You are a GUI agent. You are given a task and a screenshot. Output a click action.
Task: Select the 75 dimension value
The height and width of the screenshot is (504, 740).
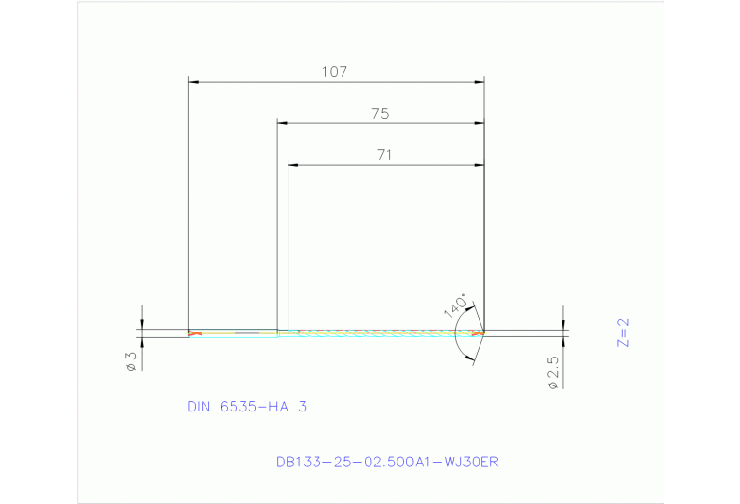pyautogui.click(x=380, y=113)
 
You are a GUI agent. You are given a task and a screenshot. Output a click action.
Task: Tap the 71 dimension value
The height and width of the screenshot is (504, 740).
pyautogui.click(x=386, y=153)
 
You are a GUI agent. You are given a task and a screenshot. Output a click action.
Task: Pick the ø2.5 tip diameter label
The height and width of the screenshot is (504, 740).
pyautogui.click(x=553, y=373)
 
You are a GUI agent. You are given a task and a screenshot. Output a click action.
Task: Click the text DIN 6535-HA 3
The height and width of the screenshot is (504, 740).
pyautogui.click(x=247, y=407)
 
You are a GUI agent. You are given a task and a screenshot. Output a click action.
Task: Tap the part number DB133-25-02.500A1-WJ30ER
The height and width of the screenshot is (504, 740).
pyautogui.click(x=387, y=463)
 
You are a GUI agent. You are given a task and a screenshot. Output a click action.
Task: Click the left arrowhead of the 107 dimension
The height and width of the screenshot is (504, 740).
pyautogui.click(x=193, y=83)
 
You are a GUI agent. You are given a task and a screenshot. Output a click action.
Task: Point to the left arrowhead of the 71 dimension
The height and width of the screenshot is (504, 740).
pyautogui.click(x=293, y=165)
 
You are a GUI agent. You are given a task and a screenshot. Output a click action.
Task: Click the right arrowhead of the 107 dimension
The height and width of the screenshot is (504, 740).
pyautogui.click(x=479, y=83)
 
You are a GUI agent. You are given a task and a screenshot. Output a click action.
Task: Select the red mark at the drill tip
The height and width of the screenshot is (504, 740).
pyautogui.click(x=478, y=333)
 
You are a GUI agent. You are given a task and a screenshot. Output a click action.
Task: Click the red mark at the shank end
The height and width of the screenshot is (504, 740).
pyautogui.click(x=196, y=333)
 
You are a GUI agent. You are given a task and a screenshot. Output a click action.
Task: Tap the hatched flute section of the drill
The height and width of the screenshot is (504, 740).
pyautogui.click(x=386, y=333)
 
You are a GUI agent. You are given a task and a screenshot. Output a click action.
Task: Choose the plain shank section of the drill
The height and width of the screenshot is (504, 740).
pyautogui.click(x=236, y=333)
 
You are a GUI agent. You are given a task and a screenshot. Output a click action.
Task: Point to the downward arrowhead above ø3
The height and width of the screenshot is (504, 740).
pyautogui.click(x=142, y=324)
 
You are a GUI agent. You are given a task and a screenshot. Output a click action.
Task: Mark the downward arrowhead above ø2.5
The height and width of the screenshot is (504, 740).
pyautogui.click(x=563, y=325)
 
